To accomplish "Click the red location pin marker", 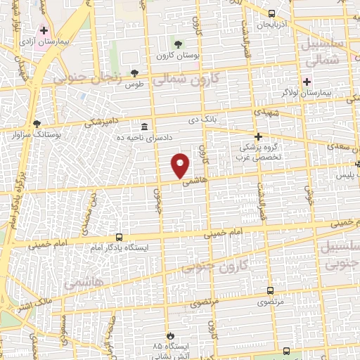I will point(181,165).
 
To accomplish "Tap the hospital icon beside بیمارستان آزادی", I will point(44,31).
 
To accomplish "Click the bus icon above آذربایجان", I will point(272,13).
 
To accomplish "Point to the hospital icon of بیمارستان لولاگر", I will point(306,81).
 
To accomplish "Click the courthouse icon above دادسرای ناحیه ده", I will point(144,127).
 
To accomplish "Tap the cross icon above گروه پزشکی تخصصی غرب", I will point(258,136).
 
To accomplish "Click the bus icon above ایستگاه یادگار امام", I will point(118,238).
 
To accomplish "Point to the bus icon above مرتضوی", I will point(270,290).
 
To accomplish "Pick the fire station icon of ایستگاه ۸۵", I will point(168,335).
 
